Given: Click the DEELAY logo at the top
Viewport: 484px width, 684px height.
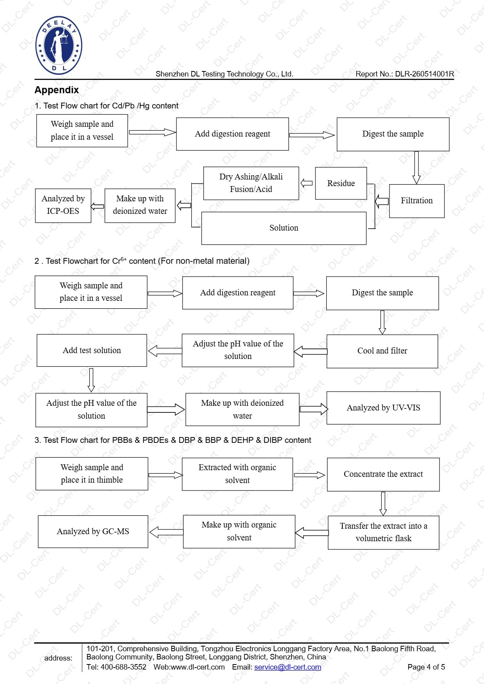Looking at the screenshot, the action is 59,46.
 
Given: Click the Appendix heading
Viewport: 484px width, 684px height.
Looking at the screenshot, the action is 57,90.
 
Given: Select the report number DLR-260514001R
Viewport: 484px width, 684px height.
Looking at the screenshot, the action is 424,74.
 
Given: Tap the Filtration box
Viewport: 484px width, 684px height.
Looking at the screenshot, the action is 416,201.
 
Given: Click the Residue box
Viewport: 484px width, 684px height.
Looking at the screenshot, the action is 341,183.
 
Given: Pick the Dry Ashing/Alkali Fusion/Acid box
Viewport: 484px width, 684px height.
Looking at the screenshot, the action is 251,183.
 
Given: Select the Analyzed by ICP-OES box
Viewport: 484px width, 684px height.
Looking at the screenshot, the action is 63,205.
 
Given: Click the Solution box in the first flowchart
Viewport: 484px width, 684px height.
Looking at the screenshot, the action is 284,228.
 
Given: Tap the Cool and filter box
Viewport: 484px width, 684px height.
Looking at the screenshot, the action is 382,351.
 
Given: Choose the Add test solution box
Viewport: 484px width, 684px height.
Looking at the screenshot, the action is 92,350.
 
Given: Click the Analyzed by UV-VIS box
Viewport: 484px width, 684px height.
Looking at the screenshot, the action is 383,408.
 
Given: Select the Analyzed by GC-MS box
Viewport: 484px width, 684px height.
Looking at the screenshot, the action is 93,531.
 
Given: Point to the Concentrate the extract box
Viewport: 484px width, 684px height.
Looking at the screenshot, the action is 383,474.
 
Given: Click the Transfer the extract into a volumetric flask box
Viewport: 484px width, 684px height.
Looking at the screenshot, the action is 383,533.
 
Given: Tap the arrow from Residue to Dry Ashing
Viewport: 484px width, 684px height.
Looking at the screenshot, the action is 307,183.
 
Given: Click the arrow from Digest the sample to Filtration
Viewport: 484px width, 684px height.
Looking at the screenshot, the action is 416,168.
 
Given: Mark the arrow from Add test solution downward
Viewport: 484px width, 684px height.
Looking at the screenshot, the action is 91,380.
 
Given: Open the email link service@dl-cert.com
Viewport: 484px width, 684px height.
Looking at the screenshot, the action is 288,667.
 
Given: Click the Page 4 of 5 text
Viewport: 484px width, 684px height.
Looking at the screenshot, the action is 426,667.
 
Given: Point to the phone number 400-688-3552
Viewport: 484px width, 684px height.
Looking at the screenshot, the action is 123,667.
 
